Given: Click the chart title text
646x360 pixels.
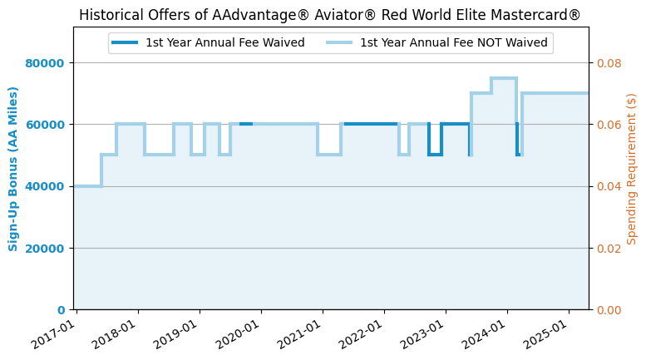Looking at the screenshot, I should pos(330,16).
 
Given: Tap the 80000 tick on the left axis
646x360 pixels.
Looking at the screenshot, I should pos(51,63).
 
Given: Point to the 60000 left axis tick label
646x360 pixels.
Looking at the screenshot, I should pos(51,125).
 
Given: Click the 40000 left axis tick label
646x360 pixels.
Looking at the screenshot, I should pos(51,186).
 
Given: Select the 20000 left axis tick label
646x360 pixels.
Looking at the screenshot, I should pos(51,248).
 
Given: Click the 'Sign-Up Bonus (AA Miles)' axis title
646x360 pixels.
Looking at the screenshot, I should pos(13,168).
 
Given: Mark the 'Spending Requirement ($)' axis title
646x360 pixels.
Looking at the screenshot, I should pos(632,168).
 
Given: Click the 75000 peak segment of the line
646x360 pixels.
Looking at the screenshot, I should pos(504,78).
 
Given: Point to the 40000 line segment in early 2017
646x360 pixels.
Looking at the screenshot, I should pos(88,185).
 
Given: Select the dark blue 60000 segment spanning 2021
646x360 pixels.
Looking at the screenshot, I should pos(370,124).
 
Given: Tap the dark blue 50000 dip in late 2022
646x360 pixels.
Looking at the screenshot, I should pos(435,155).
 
